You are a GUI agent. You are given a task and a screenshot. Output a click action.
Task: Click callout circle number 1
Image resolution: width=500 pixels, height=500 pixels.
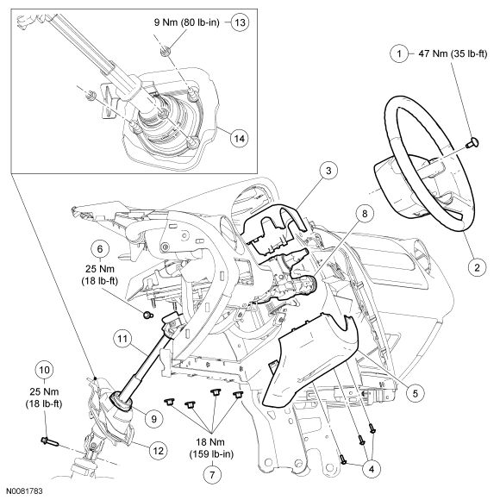point(399,53)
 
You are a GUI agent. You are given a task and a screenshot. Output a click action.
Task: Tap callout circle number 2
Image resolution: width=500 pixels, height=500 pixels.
point(477,267)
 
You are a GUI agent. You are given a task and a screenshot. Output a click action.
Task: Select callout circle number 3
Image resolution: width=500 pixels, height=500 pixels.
point(328,171)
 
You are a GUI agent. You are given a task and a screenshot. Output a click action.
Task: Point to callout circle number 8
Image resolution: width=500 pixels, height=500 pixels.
point(364,214)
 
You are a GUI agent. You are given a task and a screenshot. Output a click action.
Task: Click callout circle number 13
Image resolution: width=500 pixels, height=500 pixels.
point(240,22)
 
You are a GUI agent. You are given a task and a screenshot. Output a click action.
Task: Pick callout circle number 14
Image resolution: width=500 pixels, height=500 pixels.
point(240,139)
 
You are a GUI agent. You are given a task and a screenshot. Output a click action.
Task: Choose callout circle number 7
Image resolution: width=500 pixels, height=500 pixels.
point(212,475)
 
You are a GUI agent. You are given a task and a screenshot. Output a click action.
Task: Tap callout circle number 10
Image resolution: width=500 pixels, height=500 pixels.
point(44,370)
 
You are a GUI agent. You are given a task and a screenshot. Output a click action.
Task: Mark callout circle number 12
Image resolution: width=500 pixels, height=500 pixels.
point(158,451)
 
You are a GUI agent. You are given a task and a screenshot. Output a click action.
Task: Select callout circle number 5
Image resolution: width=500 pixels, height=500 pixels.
point(415,393)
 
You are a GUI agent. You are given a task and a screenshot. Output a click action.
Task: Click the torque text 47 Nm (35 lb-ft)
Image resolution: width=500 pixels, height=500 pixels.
point(453,54)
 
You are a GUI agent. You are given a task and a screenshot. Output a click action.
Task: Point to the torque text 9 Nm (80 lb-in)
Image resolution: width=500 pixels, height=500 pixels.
point(187,22)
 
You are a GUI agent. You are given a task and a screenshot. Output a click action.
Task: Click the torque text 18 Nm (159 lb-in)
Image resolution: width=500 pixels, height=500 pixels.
point(211,448)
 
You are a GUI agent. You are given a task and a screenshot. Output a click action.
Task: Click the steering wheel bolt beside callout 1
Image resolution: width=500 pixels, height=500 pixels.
point(472,142)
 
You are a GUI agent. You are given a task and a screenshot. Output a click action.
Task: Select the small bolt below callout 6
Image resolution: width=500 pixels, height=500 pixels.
point(147,316)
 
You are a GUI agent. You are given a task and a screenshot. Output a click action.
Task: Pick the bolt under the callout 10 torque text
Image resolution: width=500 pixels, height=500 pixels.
point(50,442)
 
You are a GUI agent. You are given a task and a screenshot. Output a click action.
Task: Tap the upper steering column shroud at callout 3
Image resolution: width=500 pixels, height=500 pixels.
point(276,229)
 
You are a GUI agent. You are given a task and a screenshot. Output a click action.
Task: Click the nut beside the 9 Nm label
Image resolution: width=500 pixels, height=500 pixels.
point(166,50)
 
